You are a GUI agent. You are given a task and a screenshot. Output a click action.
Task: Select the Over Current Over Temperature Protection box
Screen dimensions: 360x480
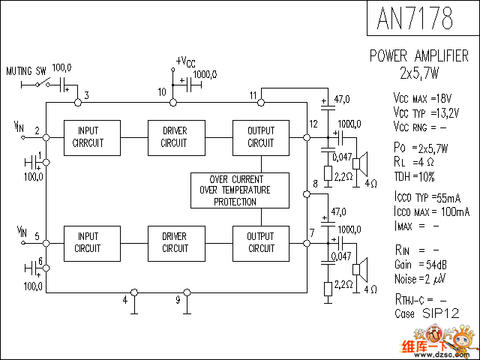pyautogui.click(x=239, y=190)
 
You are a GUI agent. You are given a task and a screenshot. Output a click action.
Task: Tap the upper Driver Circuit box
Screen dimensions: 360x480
pyautogui.click(x=175, y=137)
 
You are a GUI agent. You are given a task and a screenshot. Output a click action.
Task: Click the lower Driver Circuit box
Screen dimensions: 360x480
pyautogui.click(x=175, y=243)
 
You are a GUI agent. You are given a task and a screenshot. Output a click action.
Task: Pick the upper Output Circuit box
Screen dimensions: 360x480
pyautogui.click(x=261, y=137)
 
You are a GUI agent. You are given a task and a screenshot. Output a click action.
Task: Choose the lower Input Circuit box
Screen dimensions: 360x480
pyautogui.click(x=88, y=243)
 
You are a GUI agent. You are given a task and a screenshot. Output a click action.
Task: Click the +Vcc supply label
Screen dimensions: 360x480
pyautogui.click(x=186, y=61)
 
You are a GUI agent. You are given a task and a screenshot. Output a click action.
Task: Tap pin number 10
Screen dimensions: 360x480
pyautogui.click(x=162, y=92)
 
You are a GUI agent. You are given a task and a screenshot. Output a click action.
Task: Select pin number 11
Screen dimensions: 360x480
pyautogui.click(x=253, y=95)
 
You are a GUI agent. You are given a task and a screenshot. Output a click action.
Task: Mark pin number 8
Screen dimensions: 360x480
pyautogui.click(x=315, y=184)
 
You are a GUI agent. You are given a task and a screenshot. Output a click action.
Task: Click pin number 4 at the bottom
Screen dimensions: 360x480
pyautogui.click(x=125, y=301)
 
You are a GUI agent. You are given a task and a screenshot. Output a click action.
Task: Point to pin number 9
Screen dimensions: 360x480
pyautogui.click(x=178, y=301)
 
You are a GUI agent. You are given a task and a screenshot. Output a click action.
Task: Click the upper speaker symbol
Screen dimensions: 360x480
pyautogui.click(x=361, y=161)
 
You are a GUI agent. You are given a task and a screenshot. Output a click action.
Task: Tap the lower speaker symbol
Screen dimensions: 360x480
pyautogui.click(x=361, y=268)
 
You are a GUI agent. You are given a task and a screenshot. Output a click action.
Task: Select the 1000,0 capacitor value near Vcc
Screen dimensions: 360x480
pyautogui.click(x=205, y=75)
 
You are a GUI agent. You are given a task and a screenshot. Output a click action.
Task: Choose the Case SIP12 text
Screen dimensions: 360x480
pyautogui.click(x=426, y=313)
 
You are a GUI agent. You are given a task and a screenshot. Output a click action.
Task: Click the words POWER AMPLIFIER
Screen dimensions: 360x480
pyautogui.click(x=419, y=56)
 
